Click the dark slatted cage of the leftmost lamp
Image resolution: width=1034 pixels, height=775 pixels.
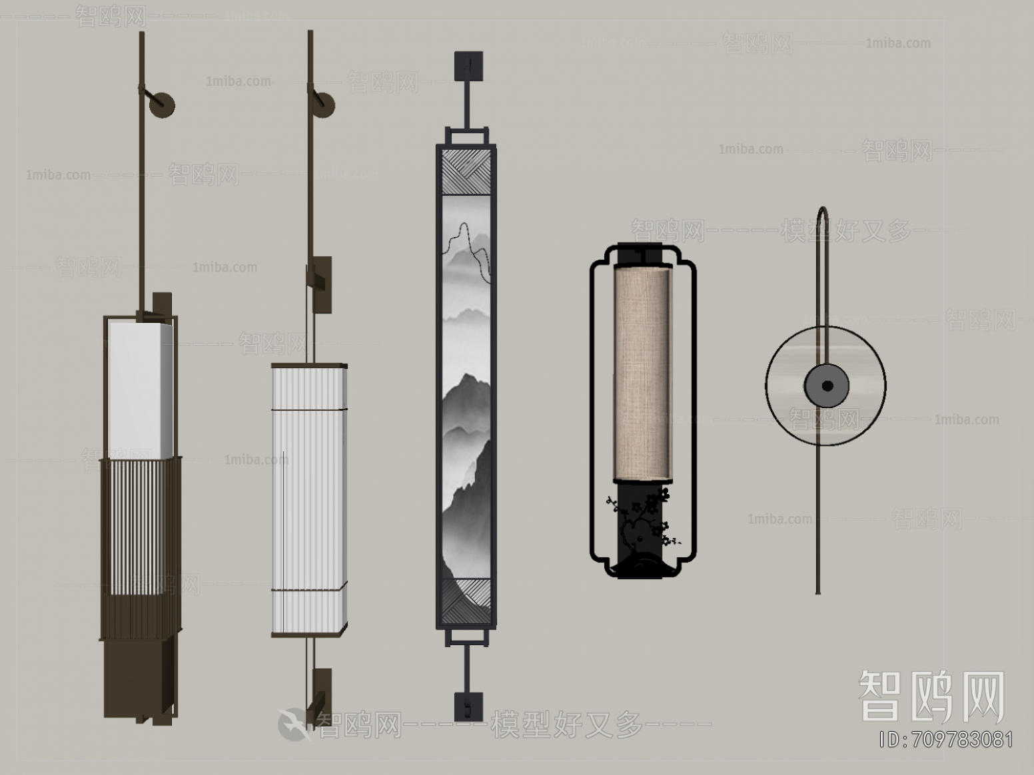tap(140, 546)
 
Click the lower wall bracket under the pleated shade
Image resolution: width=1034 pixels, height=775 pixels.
tap(320, 692)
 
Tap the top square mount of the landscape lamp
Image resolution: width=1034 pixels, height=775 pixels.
tap(469, 66)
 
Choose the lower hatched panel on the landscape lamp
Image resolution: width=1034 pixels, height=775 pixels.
tap(467, 599)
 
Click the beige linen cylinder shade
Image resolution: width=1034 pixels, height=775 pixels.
tap(644, 373)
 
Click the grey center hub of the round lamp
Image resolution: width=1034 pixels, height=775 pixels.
tap(826, 386)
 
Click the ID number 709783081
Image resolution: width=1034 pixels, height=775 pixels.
tap(946, 740)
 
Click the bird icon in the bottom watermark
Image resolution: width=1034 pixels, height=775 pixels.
tap(293, 724)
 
